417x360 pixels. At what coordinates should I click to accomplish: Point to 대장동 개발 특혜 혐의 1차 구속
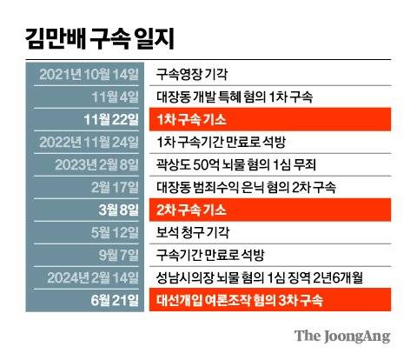(x=246, y=96)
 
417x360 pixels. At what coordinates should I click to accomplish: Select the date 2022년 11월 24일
(x=90, y=141)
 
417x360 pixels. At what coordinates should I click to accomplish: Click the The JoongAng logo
(x=341, y=336)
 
